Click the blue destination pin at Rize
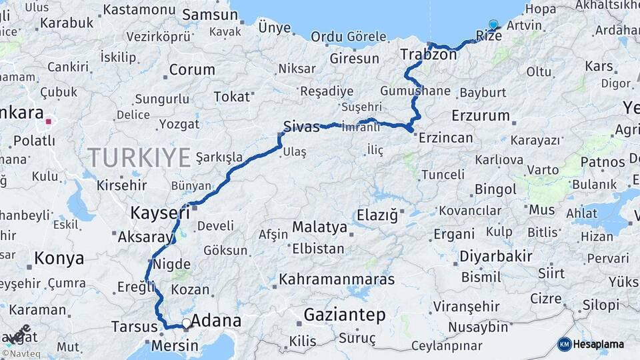click(x=493, y=25)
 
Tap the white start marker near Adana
click(x=186, y=323)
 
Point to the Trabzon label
click(x=429, y=54)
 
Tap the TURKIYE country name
click(x=139, y=158)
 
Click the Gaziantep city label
click(x=345, y=315)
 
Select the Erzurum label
click(x=480, y=115)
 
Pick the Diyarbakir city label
click(x=495, y=256)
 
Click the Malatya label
click(x=319, y=227)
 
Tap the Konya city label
click(x=59, y=258)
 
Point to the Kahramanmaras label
click(x=337, y=279)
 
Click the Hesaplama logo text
click(x=599, y=345)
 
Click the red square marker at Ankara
click(x=49, y=122)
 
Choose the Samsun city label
click(x=209, y=15)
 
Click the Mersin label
click(x=175, y=345)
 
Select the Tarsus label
click(x=133, y=327)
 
